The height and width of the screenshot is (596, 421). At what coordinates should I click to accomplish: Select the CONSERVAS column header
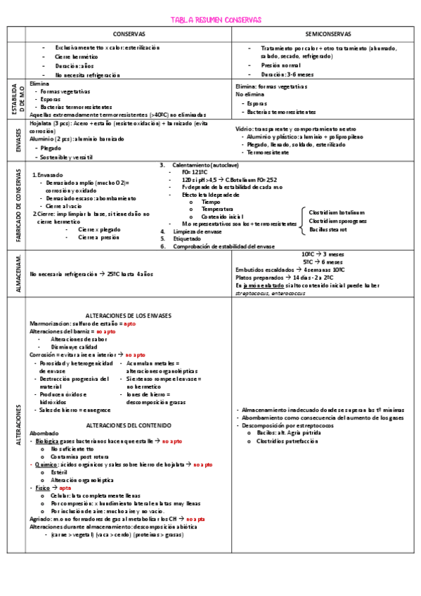pos(129,34)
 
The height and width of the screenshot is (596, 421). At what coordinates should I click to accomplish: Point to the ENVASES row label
pos(16,141)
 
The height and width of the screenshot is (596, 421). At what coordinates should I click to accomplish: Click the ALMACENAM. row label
pos(16,271)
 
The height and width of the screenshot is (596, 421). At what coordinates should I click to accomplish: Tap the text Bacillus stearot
pos(328,229)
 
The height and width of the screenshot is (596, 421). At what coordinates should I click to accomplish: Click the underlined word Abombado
pos(44,434)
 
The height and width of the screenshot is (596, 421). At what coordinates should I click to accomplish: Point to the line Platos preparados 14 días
pos(300,278)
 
